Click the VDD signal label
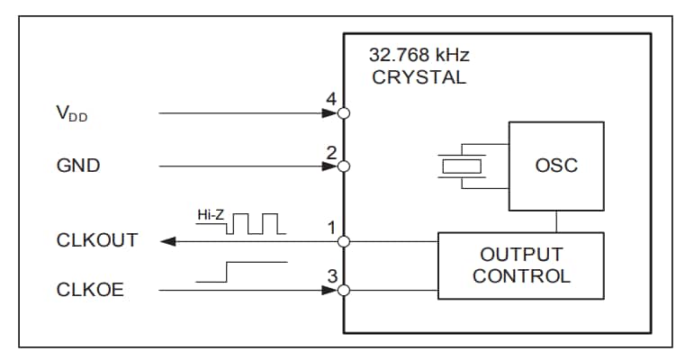(x=73, y=114)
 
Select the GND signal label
(x=78, y=166)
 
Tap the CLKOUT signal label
(x=97, y=240)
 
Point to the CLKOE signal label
(x=91, y=291)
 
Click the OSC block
(x=556, y=166)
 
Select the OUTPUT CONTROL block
(x=521, y=265)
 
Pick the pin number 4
(x=331, y=100)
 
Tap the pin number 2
(x=331, y=152)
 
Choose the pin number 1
(x=331, y=227)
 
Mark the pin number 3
(x=331, y=276)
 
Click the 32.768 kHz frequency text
(x=419, y=55)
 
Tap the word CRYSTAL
(x=419, y=77)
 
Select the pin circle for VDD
(x=343, y=114)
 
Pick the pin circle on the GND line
(x=343, y=166)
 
